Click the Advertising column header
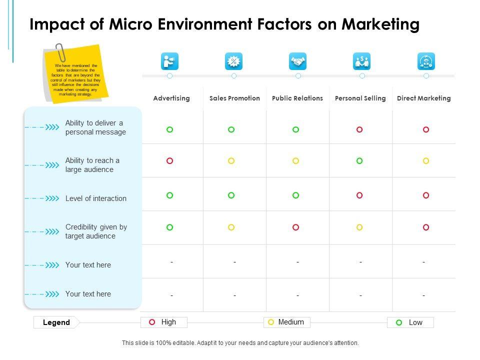171,98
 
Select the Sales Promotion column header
234,98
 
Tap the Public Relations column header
297,98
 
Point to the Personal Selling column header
360,98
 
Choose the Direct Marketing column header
423,98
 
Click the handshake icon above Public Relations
298,61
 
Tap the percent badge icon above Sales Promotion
233,61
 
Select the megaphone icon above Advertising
170,61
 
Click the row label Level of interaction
95,198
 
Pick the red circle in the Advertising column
169,161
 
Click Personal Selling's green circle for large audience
359,161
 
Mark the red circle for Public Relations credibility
295,227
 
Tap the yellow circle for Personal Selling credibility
359,227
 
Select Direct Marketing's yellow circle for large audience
426,161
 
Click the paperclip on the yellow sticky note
60,51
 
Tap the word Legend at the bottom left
56,322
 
